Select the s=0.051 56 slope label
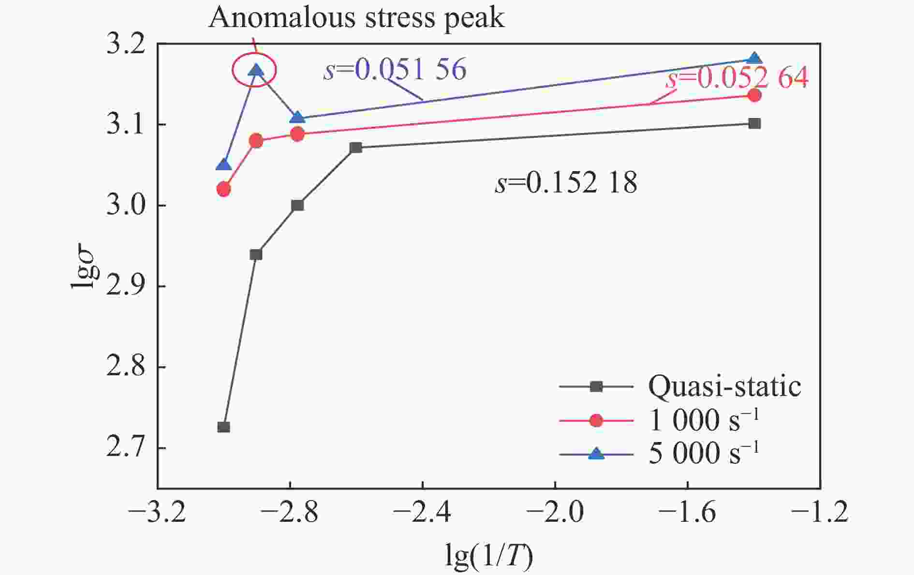pos(395,69)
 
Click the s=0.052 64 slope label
pos(737,77)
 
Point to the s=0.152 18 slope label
pos(566,183)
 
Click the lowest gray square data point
pos(223,427)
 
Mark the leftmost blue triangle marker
pos(223,165)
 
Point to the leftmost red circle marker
pos(223,189)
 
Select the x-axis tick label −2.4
pos(422,512)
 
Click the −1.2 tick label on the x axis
pos(820,512)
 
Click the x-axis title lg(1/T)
pos(488,556)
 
